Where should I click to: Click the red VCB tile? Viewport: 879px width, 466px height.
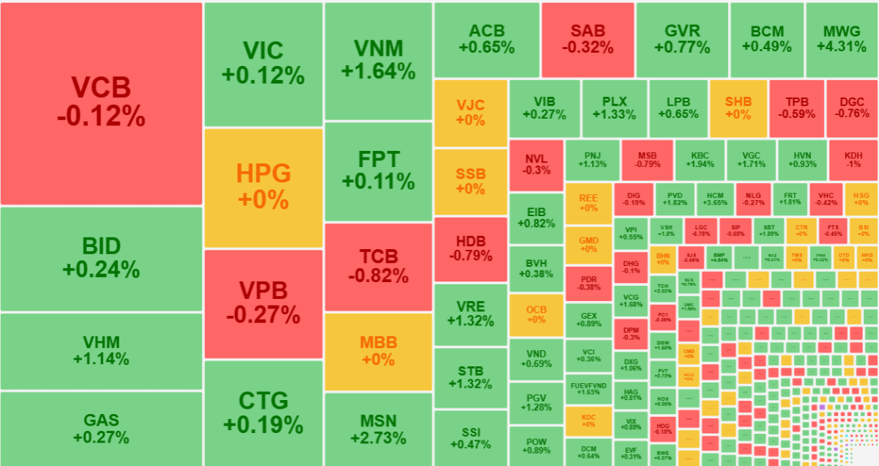point(101,103)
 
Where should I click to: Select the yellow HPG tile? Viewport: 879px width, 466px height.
point(264,188)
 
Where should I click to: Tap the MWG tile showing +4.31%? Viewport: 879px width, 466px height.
point(841,40)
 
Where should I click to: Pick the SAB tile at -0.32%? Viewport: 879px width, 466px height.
point(587,40)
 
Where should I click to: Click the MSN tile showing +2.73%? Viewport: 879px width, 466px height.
point(378,429)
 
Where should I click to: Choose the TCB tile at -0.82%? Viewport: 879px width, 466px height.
point(378,266)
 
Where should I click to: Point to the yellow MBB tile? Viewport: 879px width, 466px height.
point(378,351)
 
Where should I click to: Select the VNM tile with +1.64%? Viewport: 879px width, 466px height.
point(378,61)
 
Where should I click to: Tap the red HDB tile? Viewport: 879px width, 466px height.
point(470,249)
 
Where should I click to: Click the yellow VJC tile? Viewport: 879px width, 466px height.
point(470,112)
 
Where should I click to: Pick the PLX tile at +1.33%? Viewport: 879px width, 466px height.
point(614,108)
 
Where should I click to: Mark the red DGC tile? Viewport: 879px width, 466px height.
point(852,108)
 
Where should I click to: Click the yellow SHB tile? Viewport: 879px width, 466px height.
point(738,108)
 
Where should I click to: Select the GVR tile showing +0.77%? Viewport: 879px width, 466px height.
point(682,40)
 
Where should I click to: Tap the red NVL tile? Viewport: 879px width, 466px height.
point(536,164)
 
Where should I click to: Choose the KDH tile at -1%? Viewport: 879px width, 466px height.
point(853,160)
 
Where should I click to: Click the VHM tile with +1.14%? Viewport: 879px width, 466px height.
point(101,351)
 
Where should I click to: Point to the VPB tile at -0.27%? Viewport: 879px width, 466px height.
point(264,304)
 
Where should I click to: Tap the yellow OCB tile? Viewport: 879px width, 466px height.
point(536,315)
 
